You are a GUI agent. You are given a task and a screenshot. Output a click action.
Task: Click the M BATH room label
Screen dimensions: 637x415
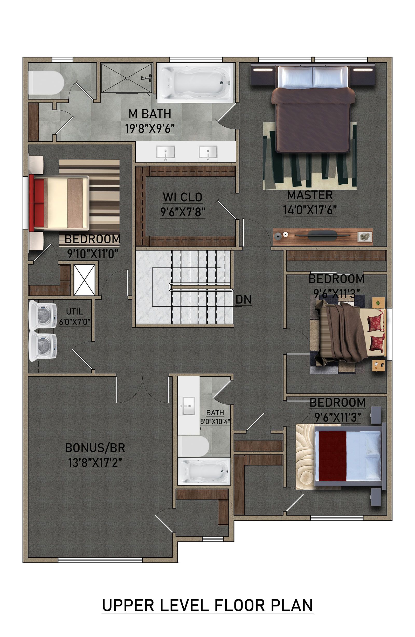(150, 114)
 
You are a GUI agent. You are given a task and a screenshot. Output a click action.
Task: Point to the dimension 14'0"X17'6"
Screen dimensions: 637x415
(310, 210)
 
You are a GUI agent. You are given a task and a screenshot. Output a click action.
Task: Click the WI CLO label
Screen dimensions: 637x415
(182, 197)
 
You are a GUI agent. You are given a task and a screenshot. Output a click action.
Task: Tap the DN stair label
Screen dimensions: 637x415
(244, 300)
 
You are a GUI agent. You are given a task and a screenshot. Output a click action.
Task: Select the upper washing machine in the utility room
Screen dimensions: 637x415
(43, 315)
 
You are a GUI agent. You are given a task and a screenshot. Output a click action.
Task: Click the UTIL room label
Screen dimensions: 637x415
(74, 312)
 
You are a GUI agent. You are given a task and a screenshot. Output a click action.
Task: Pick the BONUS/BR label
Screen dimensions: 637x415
(95, 448)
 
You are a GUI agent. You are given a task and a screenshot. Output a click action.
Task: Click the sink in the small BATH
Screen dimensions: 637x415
(189, 406)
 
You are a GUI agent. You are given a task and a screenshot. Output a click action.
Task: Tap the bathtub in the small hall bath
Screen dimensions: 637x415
(204, 472)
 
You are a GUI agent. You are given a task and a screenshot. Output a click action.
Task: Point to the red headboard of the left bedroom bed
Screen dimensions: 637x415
(32, 202)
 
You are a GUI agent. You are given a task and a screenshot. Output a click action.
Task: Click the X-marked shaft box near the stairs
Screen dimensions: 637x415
(84, 280)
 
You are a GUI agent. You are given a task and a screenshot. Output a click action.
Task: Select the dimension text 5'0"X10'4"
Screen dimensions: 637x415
(215, 421)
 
